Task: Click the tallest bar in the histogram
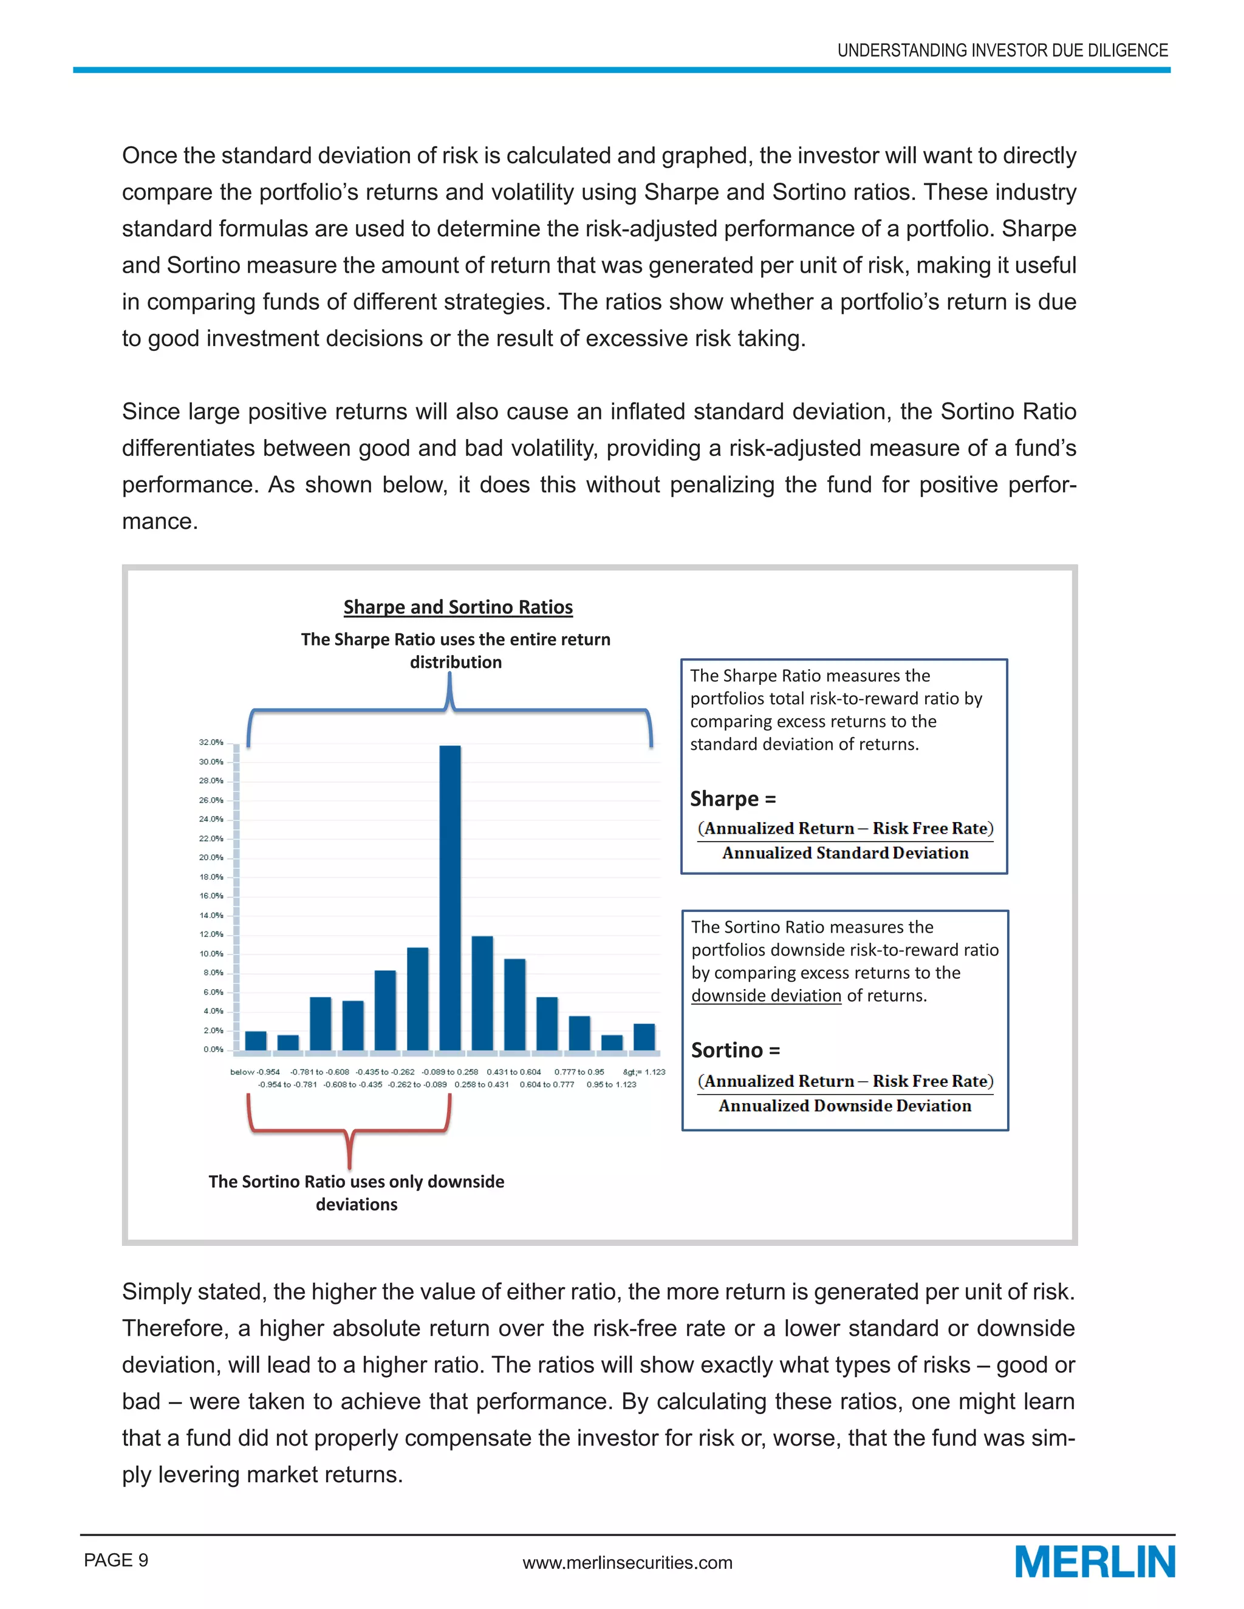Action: click(x=449, y=899)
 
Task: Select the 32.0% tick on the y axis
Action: click(x=211, y=743)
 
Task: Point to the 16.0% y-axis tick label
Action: click(x=211, y=896)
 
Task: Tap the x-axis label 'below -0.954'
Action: click(x=255, y=1072)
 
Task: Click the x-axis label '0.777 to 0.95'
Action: click(x=579, y=1072)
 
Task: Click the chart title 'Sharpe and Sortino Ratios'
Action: click(x=457, y=607)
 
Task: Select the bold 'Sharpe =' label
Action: click(x=733, y=798)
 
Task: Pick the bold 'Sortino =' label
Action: click(x=736, y=1050)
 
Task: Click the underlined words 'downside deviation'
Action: click(x=766, y=996)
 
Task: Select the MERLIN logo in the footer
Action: click(x=1095, y=1562)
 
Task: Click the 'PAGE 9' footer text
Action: click(x=117, y=1560)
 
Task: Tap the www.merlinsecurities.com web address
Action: click(x=627, y=1563)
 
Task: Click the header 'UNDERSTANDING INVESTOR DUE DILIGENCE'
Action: click(x=1002, y=50)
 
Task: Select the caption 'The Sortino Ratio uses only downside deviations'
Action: click(x=357, y=1192)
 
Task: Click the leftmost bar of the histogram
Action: click(x=256, y=1040)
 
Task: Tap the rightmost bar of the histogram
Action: click(x=644, y=1036)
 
